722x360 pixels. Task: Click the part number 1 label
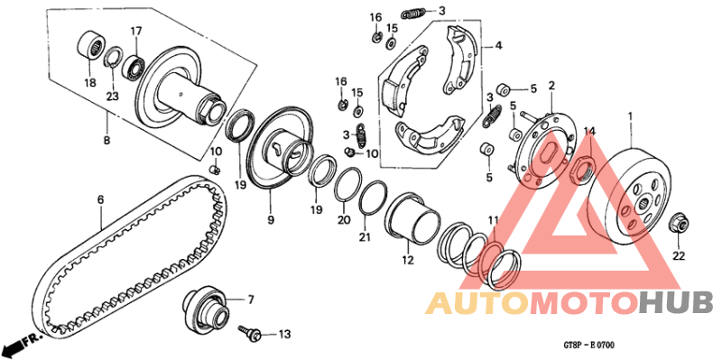click(630, 116)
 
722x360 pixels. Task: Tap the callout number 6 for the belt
click(101, 198)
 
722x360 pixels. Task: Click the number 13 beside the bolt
click(284, 335)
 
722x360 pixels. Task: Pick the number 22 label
click(679, 256)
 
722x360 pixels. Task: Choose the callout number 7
click(252, 299)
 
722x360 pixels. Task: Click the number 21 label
click(364, 237)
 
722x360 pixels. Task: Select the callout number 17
click(136, 32)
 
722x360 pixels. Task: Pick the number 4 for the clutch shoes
click(498, 46)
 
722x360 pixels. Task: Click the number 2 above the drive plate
click(551, 86)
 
